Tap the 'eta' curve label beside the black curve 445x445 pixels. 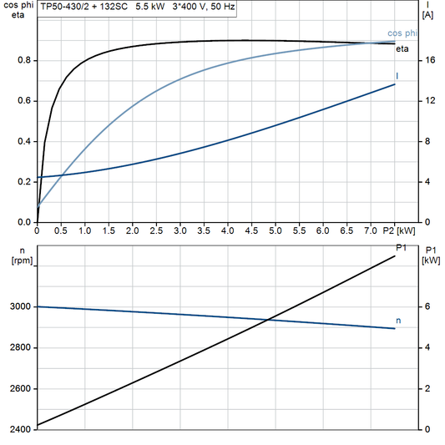pos(402,49)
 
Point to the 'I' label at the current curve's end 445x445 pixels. pos(397,76)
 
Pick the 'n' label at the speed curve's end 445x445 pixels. pos(397,320)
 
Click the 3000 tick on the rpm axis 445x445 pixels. pos(18,307)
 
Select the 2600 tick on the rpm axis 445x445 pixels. pos(18,389)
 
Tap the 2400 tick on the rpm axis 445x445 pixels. pos(18,430)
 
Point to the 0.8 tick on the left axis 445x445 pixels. pos(24,61)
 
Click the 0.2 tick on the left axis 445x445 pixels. pos(24,182)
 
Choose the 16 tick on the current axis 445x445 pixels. pos(429,61)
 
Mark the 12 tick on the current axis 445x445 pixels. pos(429,101)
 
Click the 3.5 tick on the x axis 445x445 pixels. pos(204,230)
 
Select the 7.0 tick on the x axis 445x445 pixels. pos(371,230)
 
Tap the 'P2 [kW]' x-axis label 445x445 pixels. pos(399,230)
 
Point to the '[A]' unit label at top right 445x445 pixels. pos(428,15)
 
